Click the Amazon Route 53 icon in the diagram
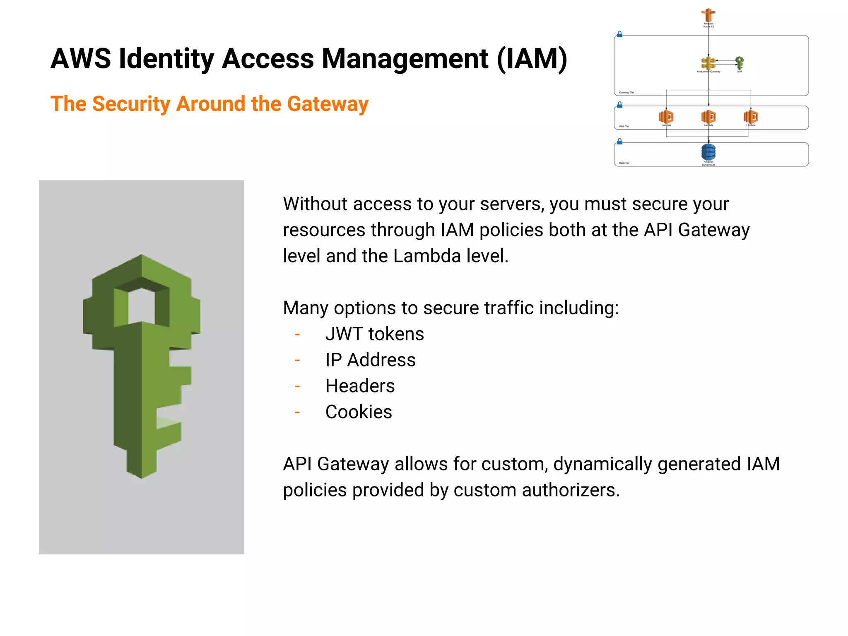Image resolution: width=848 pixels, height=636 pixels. click(x=708, y=15)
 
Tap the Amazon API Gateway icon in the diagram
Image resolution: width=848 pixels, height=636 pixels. click(x=708, y=63)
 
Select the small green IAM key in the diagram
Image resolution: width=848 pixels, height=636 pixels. click(x=740, y=63)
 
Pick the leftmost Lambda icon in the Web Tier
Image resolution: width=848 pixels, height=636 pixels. click(x=666, y=116)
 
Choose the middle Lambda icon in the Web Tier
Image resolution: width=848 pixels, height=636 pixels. click(x=708, y=116)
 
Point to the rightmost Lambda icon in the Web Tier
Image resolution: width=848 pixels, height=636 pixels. click(x=750, y=116)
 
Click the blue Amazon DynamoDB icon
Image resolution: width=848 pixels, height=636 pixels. click(x=708, y=152)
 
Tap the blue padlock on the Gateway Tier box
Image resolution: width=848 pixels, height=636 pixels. click(x=619, y=34)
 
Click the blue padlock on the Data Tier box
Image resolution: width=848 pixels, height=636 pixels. click(x=619, y=142)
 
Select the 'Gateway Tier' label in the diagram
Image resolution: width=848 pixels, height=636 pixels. click(x=626, y=93)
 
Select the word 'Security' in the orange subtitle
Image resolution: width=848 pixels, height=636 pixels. click(x=131, y=104)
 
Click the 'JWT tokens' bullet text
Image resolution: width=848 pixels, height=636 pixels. click(x=374, y=334)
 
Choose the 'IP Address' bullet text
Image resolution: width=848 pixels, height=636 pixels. click(x=370, y=360)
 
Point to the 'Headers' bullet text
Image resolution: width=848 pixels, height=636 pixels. click(x=360, y=386)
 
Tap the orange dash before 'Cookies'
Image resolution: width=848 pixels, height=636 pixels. click(x=297, y=412)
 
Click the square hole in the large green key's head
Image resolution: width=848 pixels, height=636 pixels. click(x=142, y=306)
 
